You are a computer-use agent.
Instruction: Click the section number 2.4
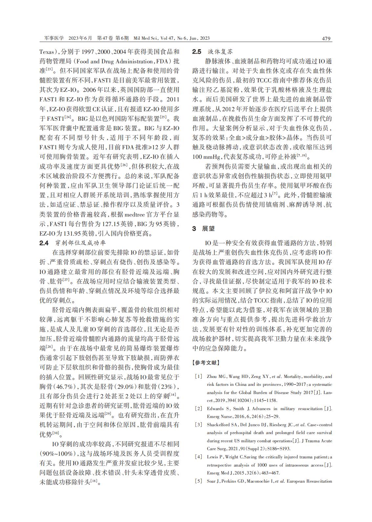[x=44, y=243]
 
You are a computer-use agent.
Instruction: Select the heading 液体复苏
[x=220, y=52]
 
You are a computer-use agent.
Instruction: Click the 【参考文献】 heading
[x=206, y=363]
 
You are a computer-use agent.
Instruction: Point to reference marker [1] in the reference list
[x=199, y=377]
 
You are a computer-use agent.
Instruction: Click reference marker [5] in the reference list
[x=199, y=481]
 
